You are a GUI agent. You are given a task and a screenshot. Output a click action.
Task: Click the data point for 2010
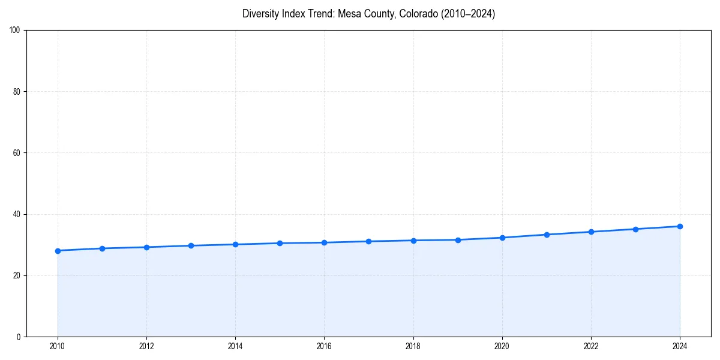[58, 251]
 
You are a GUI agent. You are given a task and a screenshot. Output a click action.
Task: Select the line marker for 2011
[102, 248]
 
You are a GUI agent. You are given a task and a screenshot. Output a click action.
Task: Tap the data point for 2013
[191, 245]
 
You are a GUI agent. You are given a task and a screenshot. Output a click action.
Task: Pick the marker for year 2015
[280, 243]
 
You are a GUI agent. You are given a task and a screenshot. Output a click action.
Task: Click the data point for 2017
[368, 241]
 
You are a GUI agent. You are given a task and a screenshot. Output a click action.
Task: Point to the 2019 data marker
[458, 240]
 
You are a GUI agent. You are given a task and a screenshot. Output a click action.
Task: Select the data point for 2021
[547, 235]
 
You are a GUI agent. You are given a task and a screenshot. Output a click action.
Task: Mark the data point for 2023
[635, 229]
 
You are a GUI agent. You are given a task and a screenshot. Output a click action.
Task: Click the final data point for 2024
[680, 226]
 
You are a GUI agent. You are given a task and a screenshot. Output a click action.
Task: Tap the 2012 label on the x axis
[146, 346]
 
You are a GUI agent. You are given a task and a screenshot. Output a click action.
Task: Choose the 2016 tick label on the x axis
[324, 346]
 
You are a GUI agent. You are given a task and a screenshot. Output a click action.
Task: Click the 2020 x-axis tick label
[502, 346]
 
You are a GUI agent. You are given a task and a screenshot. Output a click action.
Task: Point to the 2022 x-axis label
[591, 346]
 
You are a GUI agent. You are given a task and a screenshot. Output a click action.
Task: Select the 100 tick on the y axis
[15, 31]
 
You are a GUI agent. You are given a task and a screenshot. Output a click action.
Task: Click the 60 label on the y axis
[17, 153]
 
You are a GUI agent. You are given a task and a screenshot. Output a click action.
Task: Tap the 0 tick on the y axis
[19, 337]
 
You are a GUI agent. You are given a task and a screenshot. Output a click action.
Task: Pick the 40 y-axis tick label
[17, 214]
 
